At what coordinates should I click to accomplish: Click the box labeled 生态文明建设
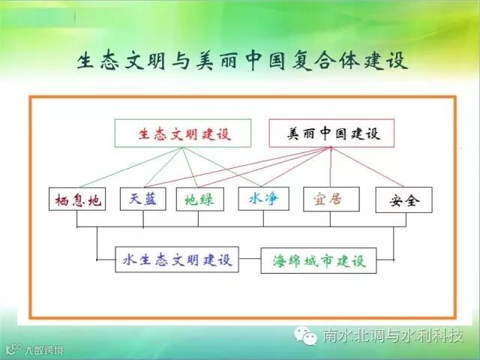pyautogui.click(x=184, y=134)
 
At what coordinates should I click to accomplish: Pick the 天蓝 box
pyautogui.click(x=142, y=199)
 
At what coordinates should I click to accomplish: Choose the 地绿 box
pyautogui.click(x=199, y=199)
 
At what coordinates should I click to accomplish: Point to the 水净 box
pyautogui.click(x=263, y=199)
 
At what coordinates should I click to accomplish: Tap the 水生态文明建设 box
pyautogui.click(x=177, y=260)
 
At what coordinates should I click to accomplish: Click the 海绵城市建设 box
pyautogui.click(x=319, y=261)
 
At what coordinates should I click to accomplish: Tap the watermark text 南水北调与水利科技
pyautogui.click(x=393, y=335)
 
